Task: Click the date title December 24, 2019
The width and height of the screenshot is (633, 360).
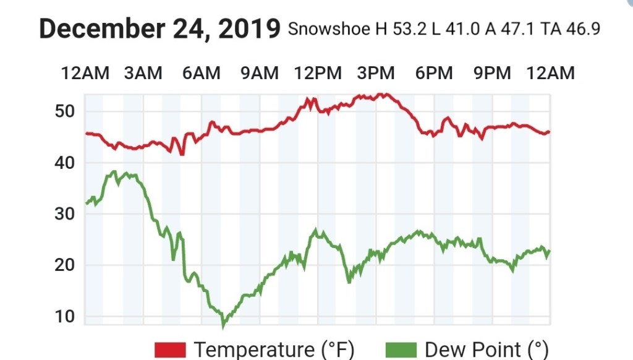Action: tap(160, 29)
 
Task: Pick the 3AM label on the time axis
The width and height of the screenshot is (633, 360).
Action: tap(143, 73)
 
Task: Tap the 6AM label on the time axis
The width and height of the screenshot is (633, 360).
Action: tap(202, 73)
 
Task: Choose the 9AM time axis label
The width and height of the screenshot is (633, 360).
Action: tap(260, 73)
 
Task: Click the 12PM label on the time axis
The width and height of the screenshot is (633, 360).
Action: tap(318, 73)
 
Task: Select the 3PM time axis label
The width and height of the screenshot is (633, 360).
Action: tap(376, 73)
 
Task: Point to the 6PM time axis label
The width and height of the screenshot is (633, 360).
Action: tap(434, 73)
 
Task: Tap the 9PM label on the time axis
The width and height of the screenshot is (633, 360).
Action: tap(492, 73)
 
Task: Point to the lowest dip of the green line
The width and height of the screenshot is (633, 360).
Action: tap(224, 325)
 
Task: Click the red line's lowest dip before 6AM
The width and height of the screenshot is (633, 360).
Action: tap(182, 154)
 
